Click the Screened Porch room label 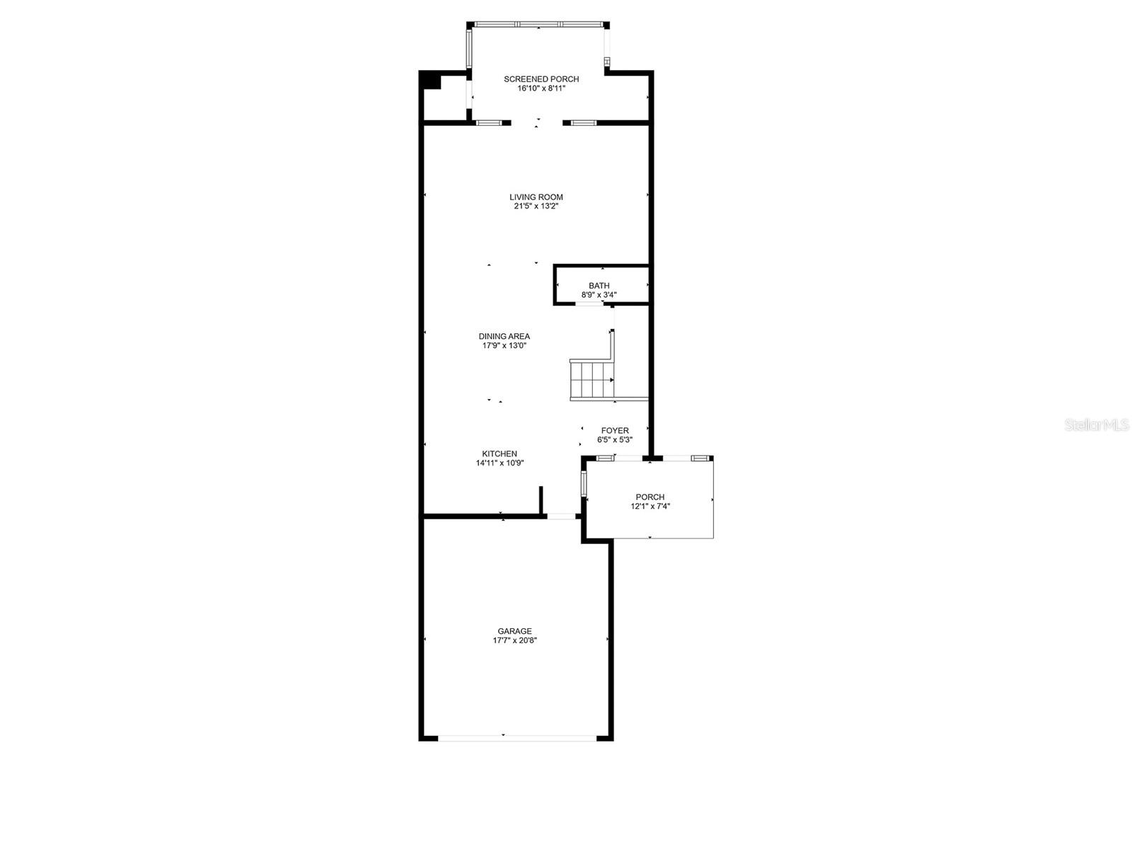click(541, 79)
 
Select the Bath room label click(599, 286)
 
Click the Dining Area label click(504, 337)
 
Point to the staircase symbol click(591, 380)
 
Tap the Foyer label click(615, 430)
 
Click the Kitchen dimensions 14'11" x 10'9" click(499, 463)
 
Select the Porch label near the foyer click(649, 497)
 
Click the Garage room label click(514, 631)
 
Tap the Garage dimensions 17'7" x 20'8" click(514, 640)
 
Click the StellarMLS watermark click(1096, 425)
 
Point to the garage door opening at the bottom click(517, 738)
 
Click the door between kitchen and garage click(561, 516)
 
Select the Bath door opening click(589, 304)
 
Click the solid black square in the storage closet click(431, 81)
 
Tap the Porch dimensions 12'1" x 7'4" click(649, 507)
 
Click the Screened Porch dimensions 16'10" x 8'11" click(541, 88)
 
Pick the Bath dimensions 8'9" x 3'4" click(599, 295)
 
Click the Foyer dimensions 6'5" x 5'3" click(615, 439)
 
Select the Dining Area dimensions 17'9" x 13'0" click(504, 346)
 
